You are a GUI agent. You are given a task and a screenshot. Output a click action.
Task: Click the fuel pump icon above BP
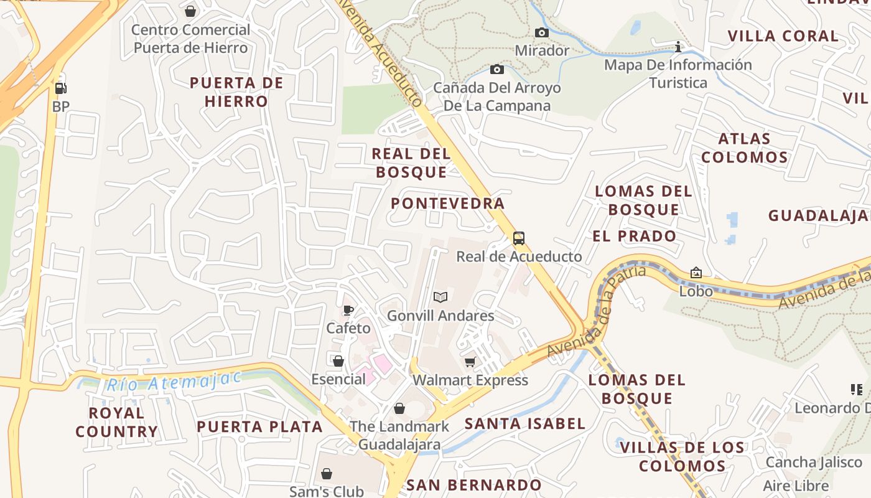point(60,88)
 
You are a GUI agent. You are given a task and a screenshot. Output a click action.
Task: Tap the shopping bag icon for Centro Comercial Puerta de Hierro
point(190,11)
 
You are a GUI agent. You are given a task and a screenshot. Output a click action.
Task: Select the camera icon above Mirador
point(542,32)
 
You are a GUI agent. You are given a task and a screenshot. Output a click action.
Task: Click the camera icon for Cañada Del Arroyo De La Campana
point(496,69)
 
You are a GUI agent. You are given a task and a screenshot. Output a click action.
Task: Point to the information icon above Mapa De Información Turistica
point(678,47)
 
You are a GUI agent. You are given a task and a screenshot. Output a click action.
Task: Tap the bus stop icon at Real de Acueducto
point(518,238)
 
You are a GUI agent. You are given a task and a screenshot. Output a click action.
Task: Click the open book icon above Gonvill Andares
point(440,298)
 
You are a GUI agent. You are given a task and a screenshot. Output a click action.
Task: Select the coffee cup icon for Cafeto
point(348,310)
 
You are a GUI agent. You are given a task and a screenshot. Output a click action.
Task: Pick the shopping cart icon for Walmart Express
point(470,362)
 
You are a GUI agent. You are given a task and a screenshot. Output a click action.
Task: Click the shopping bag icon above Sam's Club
point(327,474)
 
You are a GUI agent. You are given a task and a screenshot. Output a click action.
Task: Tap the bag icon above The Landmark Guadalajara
point(399,408)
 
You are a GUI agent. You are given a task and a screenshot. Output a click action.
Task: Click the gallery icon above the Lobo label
point(696,273)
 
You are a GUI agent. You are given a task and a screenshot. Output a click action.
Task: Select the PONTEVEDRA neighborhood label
point(447,204)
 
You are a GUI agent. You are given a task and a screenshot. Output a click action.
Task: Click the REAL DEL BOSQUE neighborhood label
point(411,163)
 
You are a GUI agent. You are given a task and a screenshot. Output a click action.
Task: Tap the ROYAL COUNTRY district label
point(117,422)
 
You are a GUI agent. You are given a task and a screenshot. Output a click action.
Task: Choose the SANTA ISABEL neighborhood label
point(525,424)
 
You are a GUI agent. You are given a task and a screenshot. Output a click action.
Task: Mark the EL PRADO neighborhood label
point(634,236)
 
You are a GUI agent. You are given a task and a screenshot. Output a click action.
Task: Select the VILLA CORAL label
point(783,36)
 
